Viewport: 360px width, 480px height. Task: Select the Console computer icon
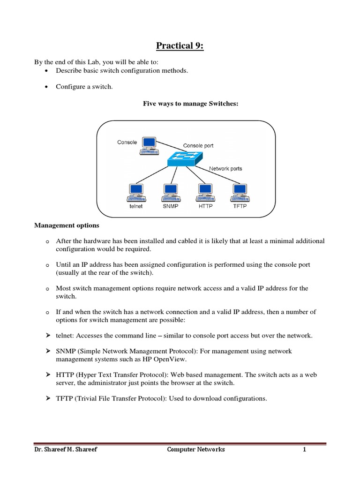(149, 145)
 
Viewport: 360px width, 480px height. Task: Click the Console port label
(198, 146)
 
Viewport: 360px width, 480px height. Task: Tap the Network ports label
(225, 168)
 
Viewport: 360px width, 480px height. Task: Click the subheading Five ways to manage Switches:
(191, 104)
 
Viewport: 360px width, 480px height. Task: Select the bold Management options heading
(66, 225)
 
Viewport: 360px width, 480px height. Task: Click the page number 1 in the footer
(304, 450)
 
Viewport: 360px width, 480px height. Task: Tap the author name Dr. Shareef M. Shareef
(67, 450)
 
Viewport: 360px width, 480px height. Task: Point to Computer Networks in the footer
(196, 450)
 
